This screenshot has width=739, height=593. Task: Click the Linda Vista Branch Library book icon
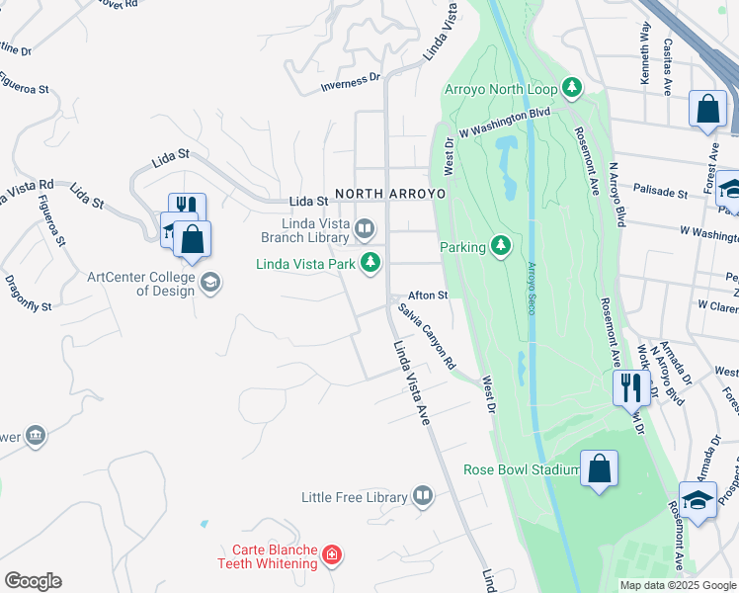365,230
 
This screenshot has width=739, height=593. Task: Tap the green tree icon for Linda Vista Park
370,263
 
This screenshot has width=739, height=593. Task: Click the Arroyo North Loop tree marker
571,88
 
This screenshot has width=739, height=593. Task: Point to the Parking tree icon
501,246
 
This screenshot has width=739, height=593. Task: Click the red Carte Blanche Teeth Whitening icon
332,555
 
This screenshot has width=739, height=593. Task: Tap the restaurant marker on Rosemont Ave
630,386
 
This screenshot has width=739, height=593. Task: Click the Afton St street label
429,295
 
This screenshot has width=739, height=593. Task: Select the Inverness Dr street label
350,83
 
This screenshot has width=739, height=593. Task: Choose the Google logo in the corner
33,581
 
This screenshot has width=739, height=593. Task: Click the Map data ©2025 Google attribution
678,585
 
